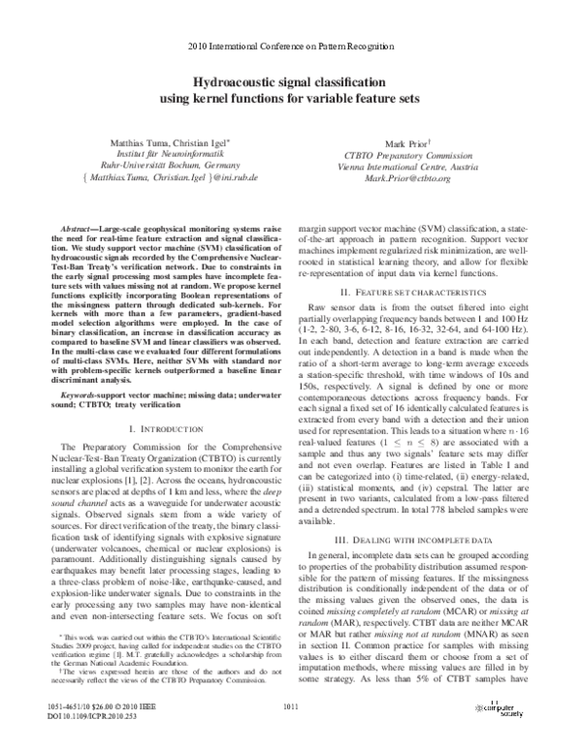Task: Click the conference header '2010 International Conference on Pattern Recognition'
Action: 291,47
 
